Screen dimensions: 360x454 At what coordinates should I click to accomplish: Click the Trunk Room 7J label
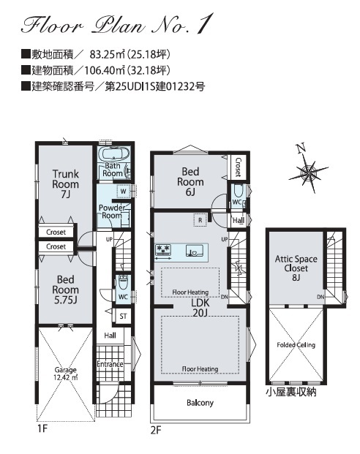click(66, 184)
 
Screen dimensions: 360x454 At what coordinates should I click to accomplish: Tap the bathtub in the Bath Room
click(113, 154)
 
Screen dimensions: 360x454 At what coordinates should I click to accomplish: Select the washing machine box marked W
click(123, 192)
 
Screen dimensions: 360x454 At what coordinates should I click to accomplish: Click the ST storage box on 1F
click(123, 316)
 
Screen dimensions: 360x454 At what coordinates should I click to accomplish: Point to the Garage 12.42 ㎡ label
click(66, 374)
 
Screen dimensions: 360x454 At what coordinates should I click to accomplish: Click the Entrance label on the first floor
click(110, 364)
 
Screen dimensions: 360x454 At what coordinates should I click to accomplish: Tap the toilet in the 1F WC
click(123, 282)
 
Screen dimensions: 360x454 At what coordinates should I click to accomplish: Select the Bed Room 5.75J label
click(66, 290)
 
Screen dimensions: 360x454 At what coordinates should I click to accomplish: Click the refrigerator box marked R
click(200, 220)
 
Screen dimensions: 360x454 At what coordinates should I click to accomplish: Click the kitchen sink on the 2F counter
click(193, 251)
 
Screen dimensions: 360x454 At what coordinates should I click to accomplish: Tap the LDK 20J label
click(200, 308)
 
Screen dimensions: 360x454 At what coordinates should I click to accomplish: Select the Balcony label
click(200, 403)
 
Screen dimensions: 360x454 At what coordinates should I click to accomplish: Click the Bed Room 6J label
click(190, 181)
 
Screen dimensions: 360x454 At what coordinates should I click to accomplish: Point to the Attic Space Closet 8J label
click(296, 268)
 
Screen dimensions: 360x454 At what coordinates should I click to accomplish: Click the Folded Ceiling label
click(296, 345)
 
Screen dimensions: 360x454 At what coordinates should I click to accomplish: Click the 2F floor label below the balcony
click(155, 431)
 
